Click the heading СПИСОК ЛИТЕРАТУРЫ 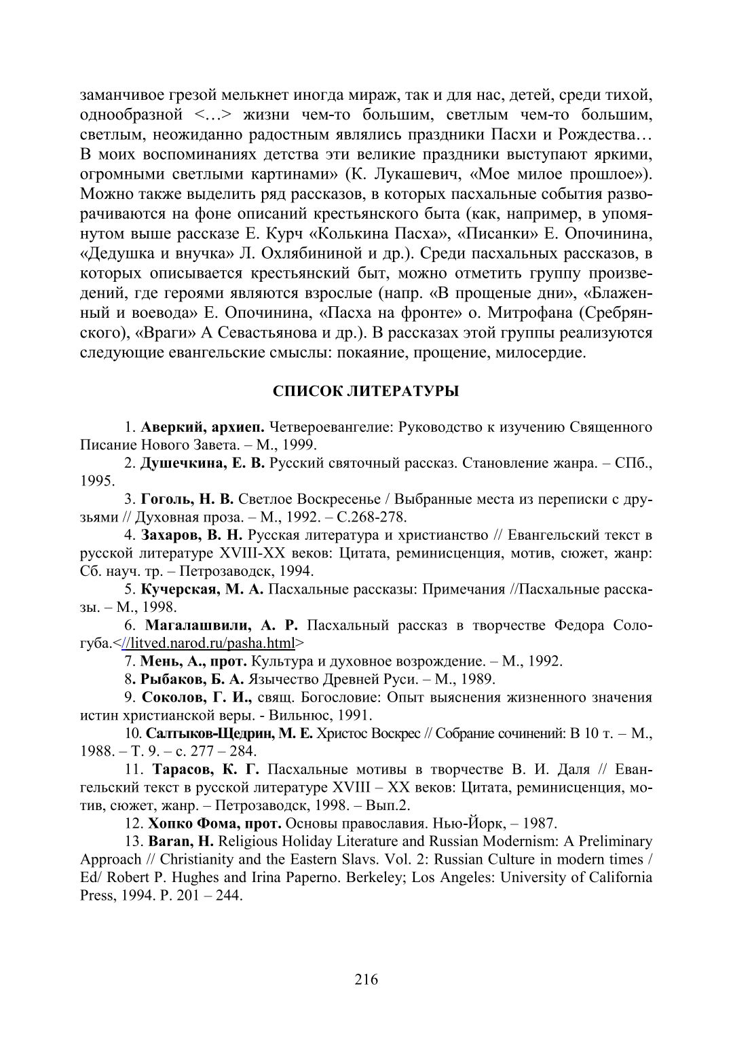366,392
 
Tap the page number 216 366,978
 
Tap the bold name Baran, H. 177,842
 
